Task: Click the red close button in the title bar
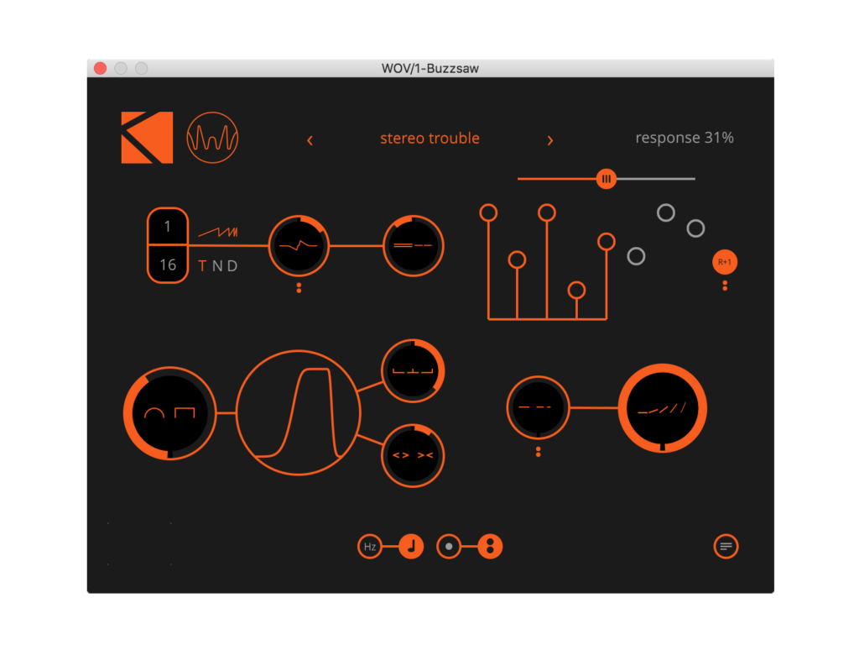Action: (x=101, y=68)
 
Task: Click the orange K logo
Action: (x=147, y=138)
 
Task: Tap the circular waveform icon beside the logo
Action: (x=212, y=138)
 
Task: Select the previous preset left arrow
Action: (x=310, y=140)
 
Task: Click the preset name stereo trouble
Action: (x=429, y=139)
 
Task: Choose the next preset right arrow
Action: (x=550, y=140)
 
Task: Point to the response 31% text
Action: (x=684, y=138)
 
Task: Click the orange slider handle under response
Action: (x=606, y=179)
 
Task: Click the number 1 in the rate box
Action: (x=168, y=227)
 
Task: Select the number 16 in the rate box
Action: (x=168, y=265)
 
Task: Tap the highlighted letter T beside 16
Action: (x=202, y=266)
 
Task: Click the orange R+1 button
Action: (x=725, y=262)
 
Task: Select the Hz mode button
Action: (x=369, y=547)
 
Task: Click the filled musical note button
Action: (x=411, y=547)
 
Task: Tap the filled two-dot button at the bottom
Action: (x=490, y=547)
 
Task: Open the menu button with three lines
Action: (x=726, y=547)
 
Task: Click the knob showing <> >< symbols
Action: (x=413, y=456)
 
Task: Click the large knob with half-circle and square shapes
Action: (x=169, y=413)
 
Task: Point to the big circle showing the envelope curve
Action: (x=299, y=413)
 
